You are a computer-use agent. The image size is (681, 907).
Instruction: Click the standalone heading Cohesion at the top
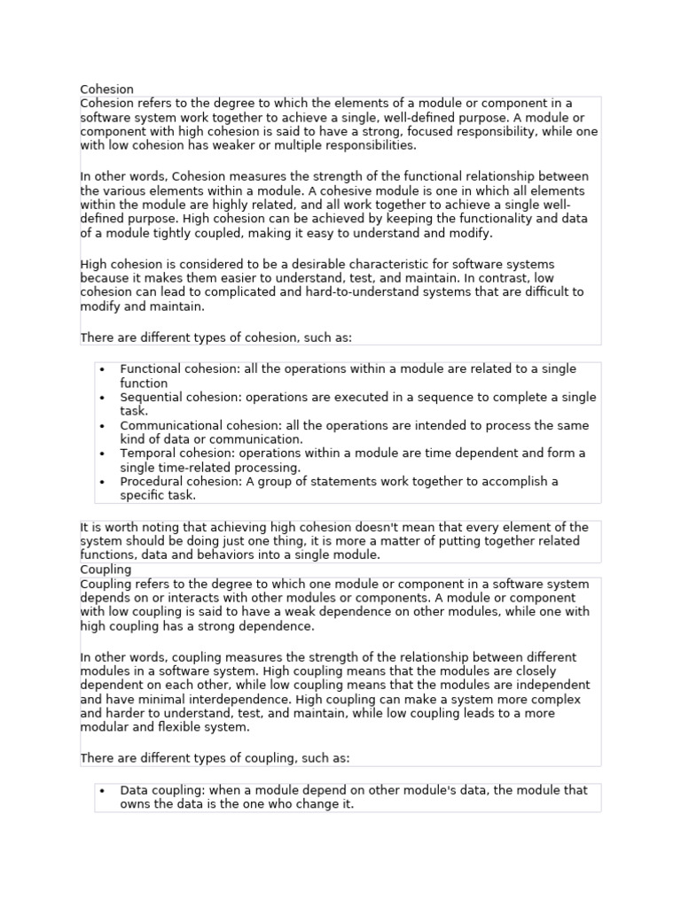[x=106, y=89]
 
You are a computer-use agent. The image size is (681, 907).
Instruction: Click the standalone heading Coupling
[x=106, y=570]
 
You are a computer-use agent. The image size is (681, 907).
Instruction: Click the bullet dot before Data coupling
[x=103, y=790]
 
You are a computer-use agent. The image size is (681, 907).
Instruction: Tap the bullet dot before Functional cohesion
[x=103, y=369]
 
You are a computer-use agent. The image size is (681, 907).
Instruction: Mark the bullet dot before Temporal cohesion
[x=103, y=453]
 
